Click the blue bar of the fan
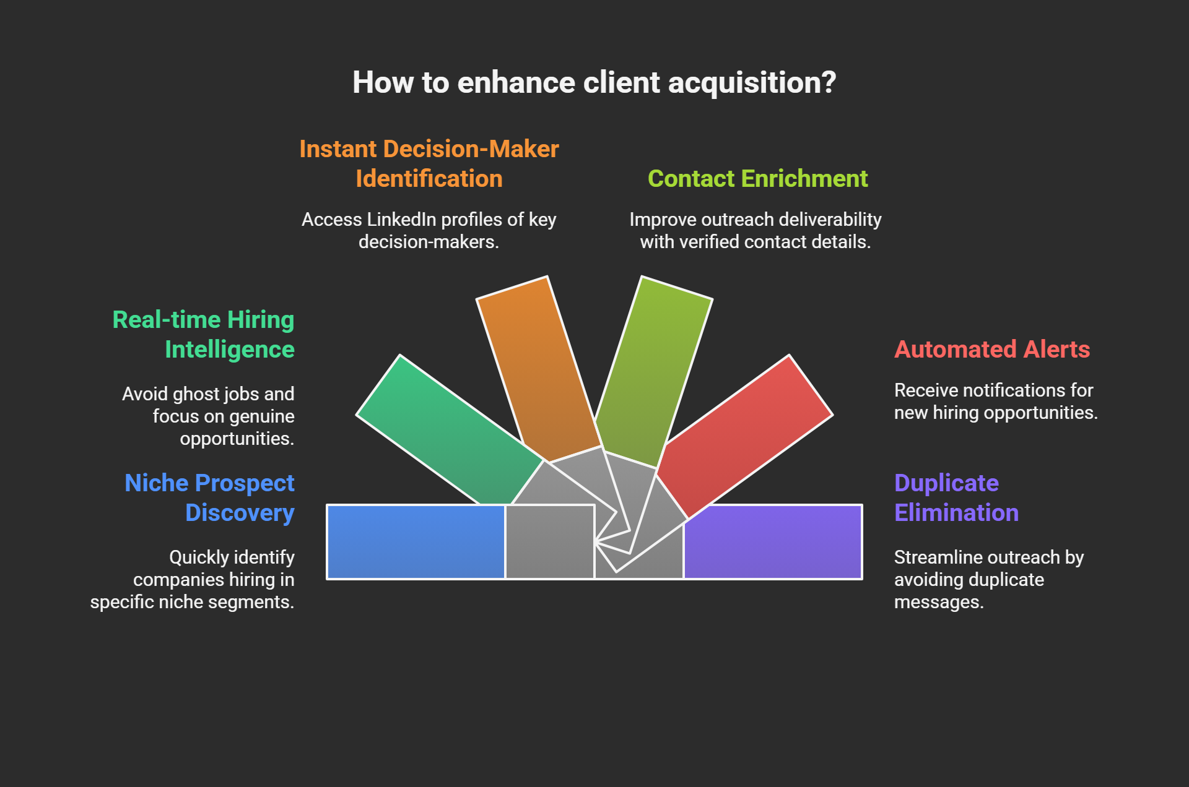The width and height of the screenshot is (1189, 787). click(416, 542)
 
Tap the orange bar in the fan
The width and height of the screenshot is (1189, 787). click(538, 369)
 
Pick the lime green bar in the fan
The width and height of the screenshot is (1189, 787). click(653, 371)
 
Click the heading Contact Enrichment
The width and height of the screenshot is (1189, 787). click(757, 179)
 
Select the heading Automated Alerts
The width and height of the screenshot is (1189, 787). click(992, 350)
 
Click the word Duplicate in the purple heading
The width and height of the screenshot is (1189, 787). click(946, 483)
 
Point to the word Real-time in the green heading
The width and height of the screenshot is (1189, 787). click(167, 320)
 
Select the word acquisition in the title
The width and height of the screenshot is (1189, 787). click(752, 83)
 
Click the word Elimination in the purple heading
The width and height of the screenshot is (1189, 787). click(956, 513)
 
